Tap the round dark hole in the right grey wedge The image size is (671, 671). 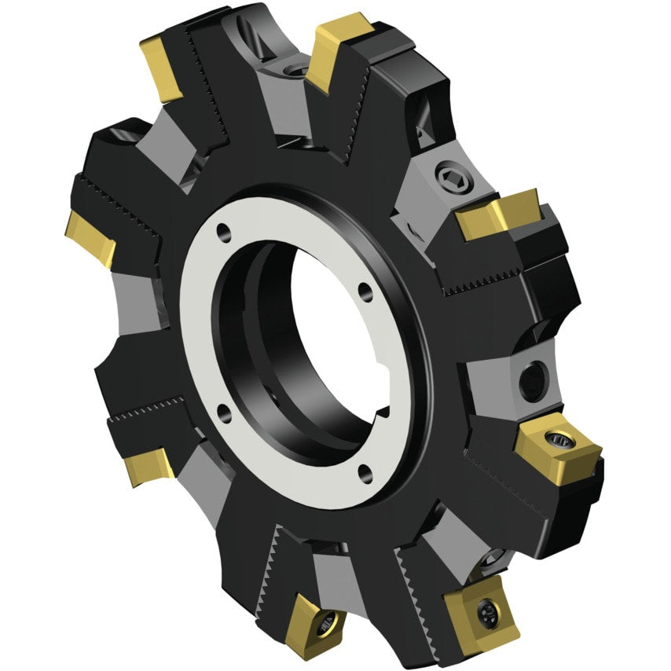[x=532, y=380]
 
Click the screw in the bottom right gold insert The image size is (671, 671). [x=487, y=610]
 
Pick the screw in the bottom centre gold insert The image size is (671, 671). [x=324, y=624]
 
